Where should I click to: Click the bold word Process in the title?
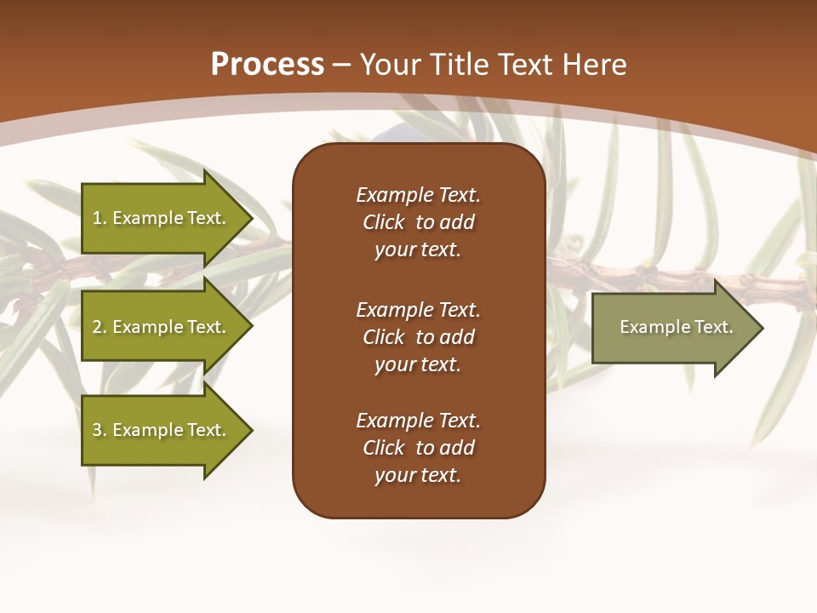(267, 65)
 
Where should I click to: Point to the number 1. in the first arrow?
(100, 218)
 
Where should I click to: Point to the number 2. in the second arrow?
(100, 327)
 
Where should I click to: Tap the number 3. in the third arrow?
(100, 430)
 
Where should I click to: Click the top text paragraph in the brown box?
(418, 222)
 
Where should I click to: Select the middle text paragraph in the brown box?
(418, 337)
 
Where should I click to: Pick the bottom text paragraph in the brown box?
(418, 448)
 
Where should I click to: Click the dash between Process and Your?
(342, 65)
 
